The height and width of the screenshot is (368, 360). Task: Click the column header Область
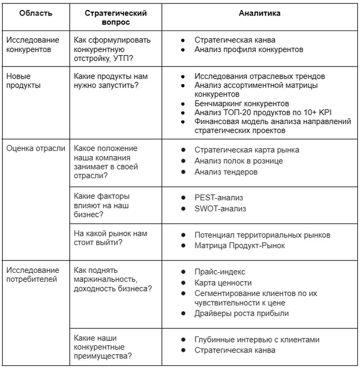pyautogui.click(x=36, y=13)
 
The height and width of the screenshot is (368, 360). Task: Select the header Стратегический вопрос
pyautogui.click(x=116, y=18)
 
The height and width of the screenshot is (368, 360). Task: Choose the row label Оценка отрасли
pyautogui.click(x=35, y=148)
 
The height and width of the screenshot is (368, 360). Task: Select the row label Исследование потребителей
pyautogui.click(x=32, y=274)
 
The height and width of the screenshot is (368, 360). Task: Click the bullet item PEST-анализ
pyautogui.click(x=219, y=198)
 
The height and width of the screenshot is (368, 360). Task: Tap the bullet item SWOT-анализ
pyautogui.click(x=220, y=209)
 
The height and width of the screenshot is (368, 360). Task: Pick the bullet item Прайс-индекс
pyautogui.click(x=219, y=271)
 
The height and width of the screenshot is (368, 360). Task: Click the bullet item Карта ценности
pyautogui.click(x=223, y=282)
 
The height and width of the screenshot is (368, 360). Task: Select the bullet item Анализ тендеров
pyautogui.click(x=225, y=172)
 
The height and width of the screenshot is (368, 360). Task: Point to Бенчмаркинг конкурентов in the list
pyautogui.click(x=241, y=103)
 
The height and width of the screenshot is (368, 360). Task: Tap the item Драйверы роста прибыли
pyautogui.click(x=241, y=313)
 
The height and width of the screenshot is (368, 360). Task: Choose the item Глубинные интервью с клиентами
pyautogui.click(x=257, y=339)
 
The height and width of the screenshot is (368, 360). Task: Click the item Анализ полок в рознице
pyautogui.click(x=238, y=160)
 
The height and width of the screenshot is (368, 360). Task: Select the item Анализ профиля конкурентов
pyautogui.click(x=249, y=50)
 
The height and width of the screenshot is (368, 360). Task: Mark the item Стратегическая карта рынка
pyautogui.click(x=246, y=149)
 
